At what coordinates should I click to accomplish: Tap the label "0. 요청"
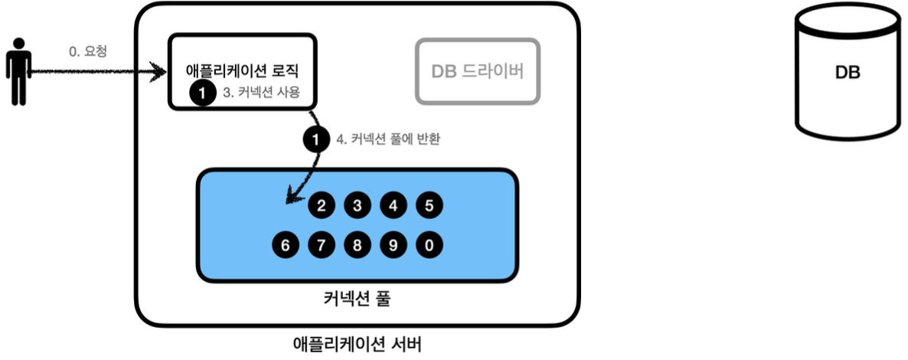click(87, 52)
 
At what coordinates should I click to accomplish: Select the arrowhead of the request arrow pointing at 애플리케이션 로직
click(160, 73)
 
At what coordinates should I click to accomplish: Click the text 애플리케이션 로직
click(241, 70)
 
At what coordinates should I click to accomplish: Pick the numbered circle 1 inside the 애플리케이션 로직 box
click(201, 93)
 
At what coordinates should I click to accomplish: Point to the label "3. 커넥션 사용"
click(260, 93)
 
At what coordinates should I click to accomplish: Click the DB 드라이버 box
click(478, 71)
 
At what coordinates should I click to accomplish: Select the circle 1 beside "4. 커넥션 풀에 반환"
click(315, 140)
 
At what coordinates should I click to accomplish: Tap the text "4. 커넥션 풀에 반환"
click(387, 140)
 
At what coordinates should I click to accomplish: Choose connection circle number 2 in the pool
click(322, 205)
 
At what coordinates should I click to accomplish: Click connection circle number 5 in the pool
click(430, 205)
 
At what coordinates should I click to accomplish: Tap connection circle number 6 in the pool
click(285, 246)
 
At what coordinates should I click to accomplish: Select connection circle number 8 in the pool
click(358, 246)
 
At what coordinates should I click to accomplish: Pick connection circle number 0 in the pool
click(430, 246)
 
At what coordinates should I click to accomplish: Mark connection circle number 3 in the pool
click(358, 205)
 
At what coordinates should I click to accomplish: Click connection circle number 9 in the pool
click(394, 246)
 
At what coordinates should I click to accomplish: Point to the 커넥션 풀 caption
click(357, 298)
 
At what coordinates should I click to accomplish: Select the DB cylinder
click(848, 74)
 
